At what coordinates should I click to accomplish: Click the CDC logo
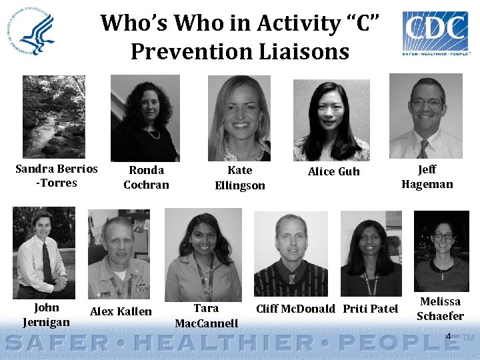(435, 31)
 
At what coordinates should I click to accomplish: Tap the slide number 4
(448, 337)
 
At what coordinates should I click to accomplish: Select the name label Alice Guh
(333, 172)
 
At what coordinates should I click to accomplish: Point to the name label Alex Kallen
(121, 311)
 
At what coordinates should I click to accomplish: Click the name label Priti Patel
(370, 309)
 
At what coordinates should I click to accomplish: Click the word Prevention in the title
(193, 51)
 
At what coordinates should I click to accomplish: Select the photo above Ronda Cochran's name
(145, 117)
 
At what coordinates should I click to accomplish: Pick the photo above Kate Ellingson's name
(239, 117)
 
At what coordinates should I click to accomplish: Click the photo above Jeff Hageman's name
(426, 116)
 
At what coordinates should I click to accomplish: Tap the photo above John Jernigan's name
(43, 253)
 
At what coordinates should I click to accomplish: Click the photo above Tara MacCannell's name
(203, 255)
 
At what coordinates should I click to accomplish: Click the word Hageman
(427, 185)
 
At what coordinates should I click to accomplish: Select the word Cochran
(146, 185)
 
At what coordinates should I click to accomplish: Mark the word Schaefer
(440, 316)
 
